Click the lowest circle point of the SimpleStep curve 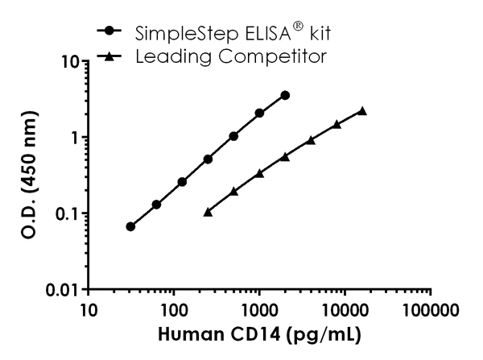tap(130, 226)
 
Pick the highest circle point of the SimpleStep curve tap(285, 95)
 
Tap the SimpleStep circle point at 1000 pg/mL tap(259, 113)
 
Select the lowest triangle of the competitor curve tap(208, 212)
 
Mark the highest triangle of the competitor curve tap(361, 110)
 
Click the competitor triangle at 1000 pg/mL tap(259, 173)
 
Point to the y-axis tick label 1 tap(72, 137)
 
